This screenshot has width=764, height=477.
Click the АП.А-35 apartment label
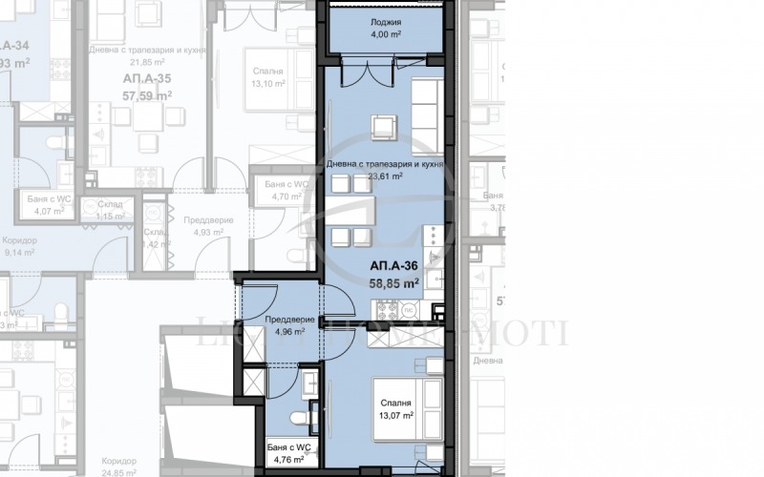click(146, 78)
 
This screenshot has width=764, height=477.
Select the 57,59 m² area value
click(146, 95)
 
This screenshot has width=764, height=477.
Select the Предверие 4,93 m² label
click(206, 225)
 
